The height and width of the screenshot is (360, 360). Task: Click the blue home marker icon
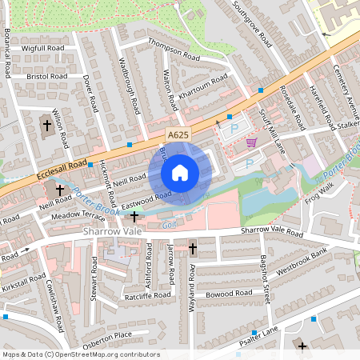[x=180, y=173]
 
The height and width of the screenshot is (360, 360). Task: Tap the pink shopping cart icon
[x=252, y=143]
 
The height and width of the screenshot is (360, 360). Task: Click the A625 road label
[x=178, y=136]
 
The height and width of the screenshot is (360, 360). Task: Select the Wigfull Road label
[x=43, y=48]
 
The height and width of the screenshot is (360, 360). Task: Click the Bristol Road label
[x=46, y=76]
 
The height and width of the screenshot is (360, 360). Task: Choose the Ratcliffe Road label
[x=147, y=295]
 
